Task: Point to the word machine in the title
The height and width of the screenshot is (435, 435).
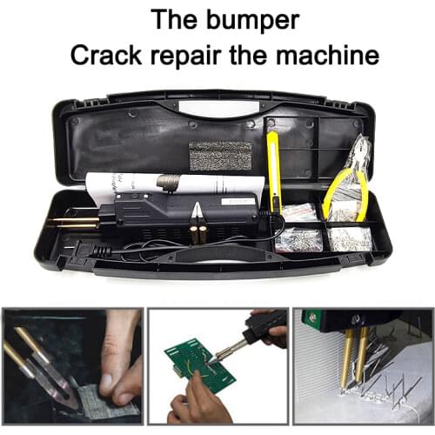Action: click(x=332, y=55)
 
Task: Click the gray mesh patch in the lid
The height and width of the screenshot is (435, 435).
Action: click(x=219, y=155)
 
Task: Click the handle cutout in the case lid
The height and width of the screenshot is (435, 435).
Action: click(x=217, y=108)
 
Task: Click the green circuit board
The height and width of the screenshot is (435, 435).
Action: click(x=201, y=366)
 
